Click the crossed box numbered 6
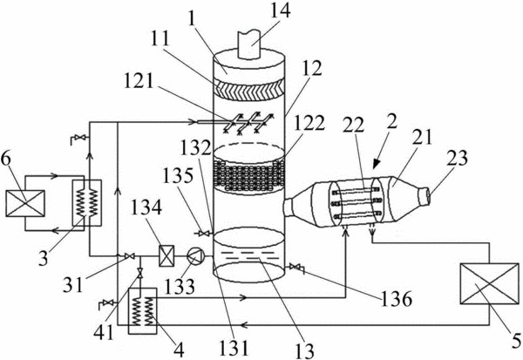click(25, 203)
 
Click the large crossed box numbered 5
click(489, 283)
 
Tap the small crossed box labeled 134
click(166, 256)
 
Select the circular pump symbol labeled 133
click(194, 256)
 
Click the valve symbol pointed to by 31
click(129, 256)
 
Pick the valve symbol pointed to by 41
click(140, 274)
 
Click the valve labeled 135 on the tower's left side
click(203, 234)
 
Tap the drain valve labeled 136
click(295, 268)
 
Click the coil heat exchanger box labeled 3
click(87, 203)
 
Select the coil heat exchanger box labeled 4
click(143, 310)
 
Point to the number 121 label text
click(139, 80)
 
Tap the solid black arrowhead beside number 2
click(377, 163)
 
